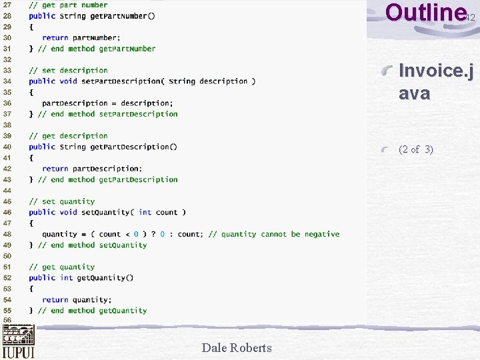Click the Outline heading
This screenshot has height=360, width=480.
point(425,13)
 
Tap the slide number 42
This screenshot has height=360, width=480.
point(470,18)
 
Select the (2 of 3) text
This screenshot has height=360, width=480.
point(415,149)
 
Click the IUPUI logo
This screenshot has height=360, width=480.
point(18,342)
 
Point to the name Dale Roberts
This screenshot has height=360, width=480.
point(237,347)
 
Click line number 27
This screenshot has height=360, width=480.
point(7,5)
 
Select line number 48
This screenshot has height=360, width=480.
point(7,234)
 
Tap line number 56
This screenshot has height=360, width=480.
point(7,321)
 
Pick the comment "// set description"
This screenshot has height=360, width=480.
point(68,70)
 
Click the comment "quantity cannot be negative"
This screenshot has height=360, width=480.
point(280,234)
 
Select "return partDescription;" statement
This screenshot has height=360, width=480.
point(91,169)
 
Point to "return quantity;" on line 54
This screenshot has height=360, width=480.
point(77,299)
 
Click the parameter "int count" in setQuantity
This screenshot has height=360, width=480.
point(159,212)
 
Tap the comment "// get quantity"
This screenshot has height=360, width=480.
point(61,267)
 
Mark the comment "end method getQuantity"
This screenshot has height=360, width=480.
point(97,310)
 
